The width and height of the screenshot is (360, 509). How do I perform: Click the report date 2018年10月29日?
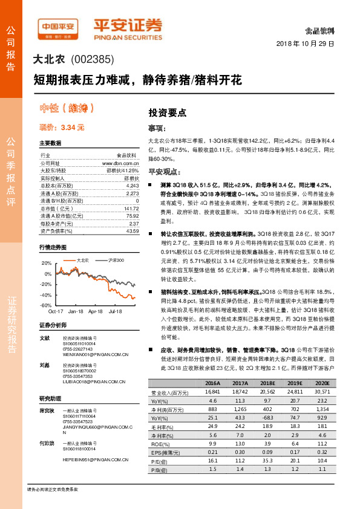(x=306, y=44)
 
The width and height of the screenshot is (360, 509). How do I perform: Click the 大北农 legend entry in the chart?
(x=82, y=260)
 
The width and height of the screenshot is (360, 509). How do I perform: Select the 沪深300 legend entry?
(x=115, y=260)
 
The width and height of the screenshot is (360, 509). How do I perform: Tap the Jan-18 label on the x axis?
(x=76, y=311)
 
